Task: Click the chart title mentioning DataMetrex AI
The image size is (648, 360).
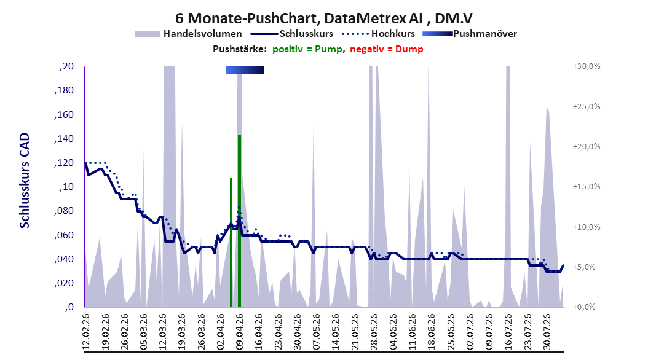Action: pyautogui.click(x=324, y=18)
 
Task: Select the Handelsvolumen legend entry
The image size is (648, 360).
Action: pyautogui.click(x=188, y=34)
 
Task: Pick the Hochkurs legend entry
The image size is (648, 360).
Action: pyautogui.click(x=378, y=34)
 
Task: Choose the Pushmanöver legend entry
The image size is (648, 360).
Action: pyautogui.click(x=470, y=34)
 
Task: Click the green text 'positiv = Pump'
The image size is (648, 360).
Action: pyautogui.click(x=307, y=49)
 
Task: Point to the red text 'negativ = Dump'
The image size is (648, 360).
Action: pyautogui.click(x=387, y=49)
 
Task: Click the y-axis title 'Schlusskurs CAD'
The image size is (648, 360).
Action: pyautogui.click(x=25, y=181)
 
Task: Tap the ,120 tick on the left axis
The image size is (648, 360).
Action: pyautogui.click(x=64, y=163)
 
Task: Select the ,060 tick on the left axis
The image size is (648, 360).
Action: pyautogui.click(x=64, y=235)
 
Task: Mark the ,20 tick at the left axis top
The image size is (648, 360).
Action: pyautogui.click(x=66, y=66)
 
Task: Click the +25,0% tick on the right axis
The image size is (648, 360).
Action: pyautogui.click(x=587, y=106)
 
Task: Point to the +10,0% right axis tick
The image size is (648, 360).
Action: pyautogui.click(x=587, y=227)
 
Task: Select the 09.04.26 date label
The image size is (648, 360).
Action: pyautogui.click(x=239, y=332)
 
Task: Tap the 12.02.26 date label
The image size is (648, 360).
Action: pyautogui.click(x=86, y=332)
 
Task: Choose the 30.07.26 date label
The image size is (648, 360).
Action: pyautogui.click(x=547, y=332)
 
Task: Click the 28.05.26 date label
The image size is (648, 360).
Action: pyautogui.click(x=374, y=332)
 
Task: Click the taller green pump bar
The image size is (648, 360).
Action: pyautogui.click(x=239, y=221)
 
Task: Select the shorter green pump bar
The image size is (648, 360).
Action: pyautogui.click(x=231, y=243)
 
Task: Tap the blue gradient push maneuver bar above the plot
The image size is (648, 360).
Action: pyautogui.click(x=245, y=70)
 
